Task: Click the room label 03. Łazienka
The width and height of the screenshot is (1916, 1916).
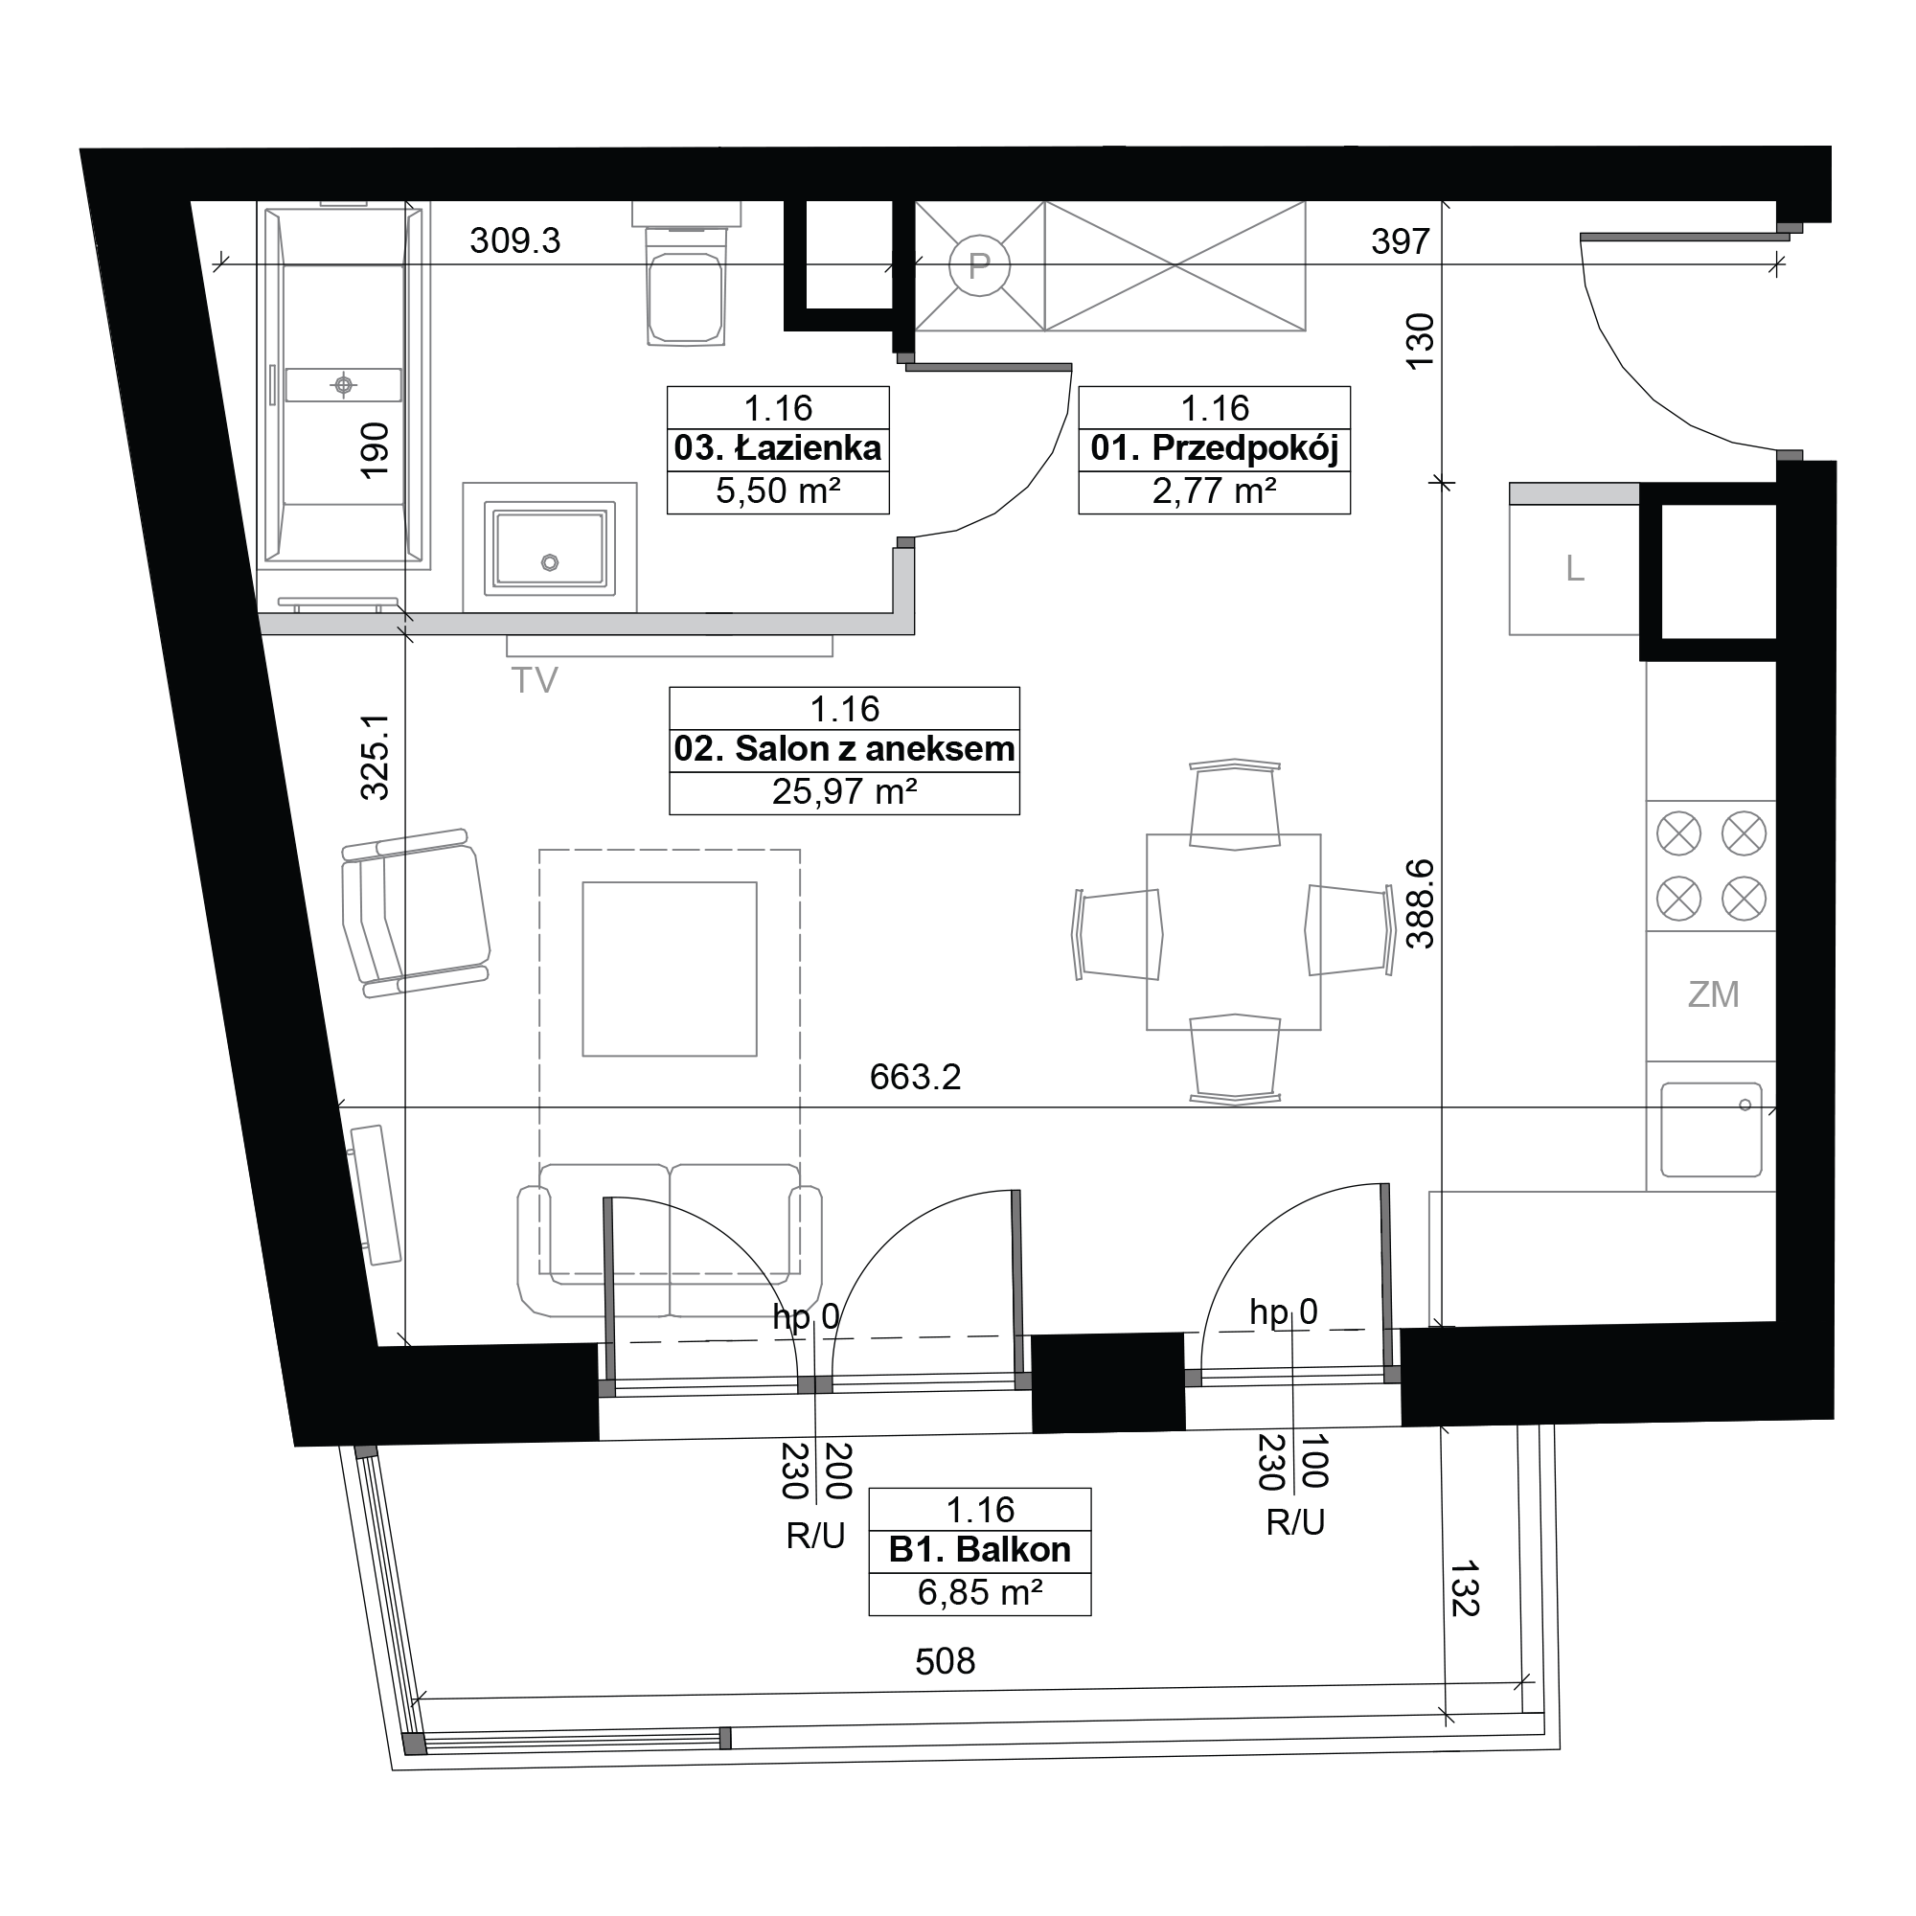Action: (x=778, y=448)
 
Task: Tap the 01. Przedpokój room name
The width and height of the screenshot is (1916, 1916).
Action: (x=1215, y=449)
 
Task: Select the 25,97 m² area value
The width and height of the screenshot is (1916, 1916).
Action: (x=844, y=791)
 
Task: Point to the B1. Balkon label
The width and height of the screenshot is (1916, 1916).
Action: (x=980, y=1549)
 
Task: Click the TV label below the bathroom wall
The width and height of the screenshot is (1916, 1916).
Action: (x=535, y=680)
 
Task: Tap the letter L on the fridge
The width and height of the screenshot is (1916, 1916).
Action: (x=1575, y=569)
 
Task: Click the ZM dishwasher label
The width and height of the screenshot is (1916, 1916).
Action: (x=1714, y=994)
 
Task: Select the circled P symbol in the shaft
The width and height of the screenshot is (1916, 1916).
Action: (x=979, y=265)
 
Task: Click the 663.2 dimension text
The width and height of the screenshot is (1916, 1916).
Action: (x=915, y=1077)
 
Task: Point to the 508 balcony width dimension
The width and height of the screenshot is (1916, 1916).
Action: (x=946, y=1661)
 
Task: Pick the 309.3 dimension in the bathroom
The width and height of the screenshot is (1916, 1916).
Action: (x=514, y=240)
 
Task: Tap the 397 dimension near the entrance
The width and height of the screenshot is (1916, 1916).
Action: (x=1401, y=241)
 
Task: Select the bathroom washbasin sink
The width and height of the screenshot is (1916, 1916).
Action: (x=549, y=548)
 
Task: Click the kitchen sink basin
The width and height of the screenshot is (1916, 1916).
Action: (x=1712, y=1129)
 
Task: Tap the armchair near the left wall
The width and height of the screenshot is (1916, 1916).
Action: (x=416, y=913)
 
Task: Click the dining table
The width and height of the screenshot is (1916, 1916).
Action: (x=1234, y=932)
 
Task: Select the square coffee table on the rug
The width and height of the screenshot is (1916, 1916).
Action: (x=670, y=969)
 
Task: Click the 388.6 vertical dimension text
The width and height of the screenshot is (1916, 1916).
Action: (x=1420, y=903)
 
